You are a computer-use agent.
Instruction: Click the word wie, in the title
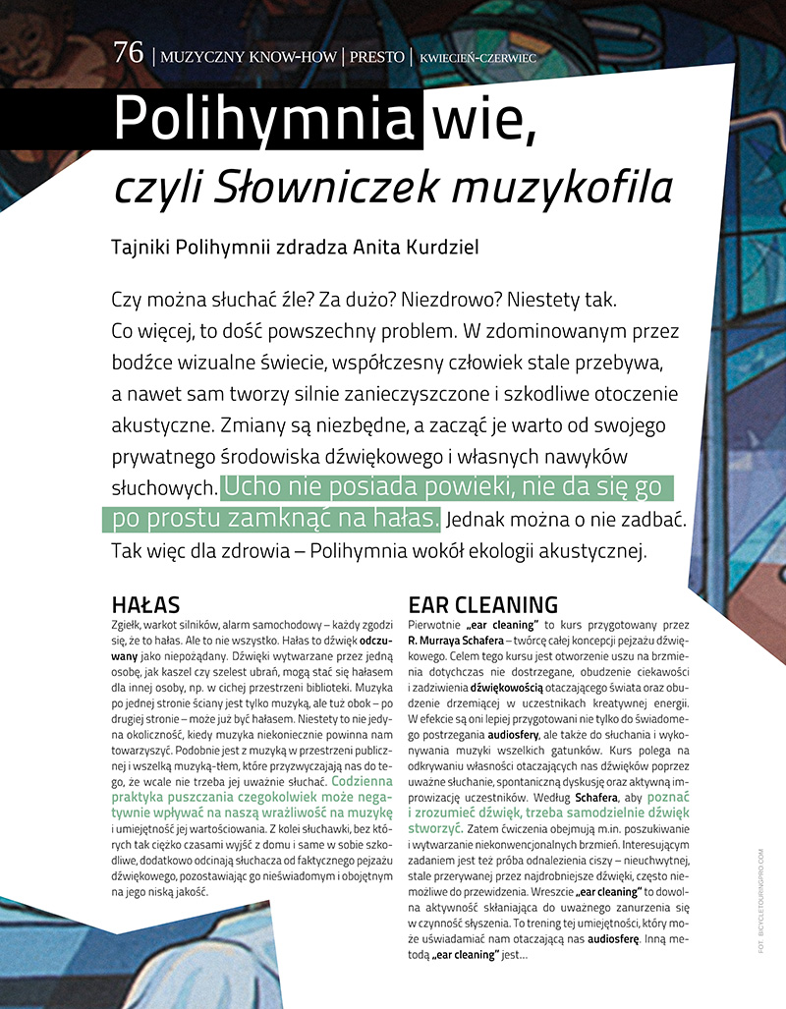(483, 120)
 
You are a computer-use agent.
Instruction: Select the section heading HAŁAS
(146, 604)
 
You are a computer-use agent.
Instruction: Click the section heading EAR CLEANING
(482, 604)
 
